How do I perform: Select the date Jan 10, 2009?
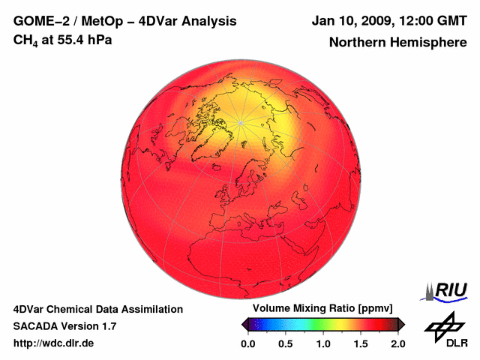click(x=349, y=21)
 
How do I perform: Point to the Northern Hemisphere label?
click(x=397, y=43)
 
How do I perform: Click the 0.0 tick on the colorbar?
click(x=247, y=343)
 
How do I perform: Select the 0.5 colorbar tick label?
click(x=285, y=343)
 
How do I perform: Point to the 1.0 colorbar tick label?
click(x=322, y=343)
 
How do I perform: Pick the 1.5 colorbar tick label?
click(x=360, y=343)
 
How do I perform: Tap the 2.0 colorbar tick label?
click(x=397, y=343)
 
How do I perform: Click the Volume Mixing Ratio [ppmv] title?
click(x=322, y=309)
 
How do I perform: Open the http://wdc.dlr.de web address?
click(x=54, y=343)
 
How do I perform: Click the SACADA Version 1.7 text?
click(x=64, y=326)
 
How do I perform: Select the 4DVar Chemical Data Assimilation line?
click(x=97, y=309)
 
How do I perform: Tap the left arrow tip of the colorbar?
click(x=243, y=324)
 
